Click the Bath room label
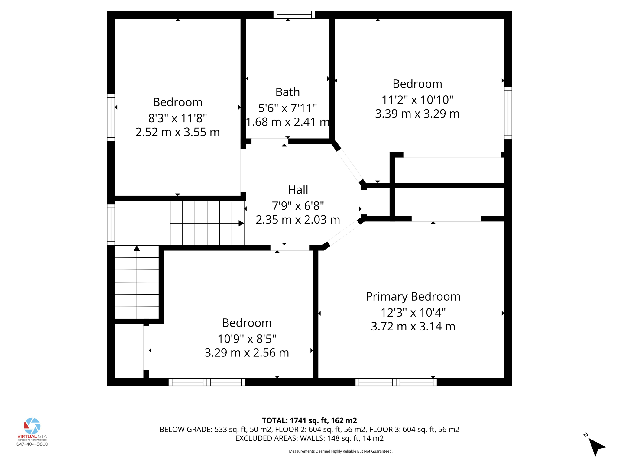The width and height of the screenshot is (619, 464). (x=287, y=92)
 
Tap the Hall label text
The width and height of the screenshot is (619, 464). (x=298, y=190)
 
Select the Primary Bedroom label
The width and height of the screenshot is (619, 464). (x=413, y=296)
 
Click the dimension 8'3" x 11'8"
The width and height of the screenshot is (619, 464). (x=177, y=118)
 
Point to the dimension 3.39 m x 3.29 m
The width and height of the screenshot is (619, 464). (x=417, y=114)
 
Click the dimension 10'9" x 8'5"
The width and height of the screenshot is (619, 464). (x=247, y=339)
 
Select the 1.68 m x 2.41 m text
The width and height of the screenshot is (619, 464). (x=287, y=122)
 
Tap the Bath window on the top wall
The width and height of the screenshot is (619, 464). (x=294, y=15)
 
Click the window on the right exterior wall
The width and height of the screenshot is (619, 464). (x=508, y=113)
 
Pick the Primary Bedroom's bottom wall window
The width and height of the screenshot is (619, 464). (x=396, y=382)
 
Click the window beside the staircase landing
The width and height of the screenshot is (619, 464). (x=111, y=224)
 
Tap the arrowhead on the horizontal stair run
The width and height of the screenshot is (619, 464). (x=241, y=223)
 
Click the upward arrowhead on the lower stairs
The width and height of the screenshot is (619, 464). (x=137, y=248)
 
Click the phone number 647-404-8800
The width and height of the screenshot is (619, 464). (x=32, y=444)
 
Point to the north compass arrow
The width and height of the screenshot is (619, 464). (x=596, y=446)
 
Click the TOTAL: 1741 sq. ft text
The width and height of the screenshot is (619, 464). (x=309, y=420)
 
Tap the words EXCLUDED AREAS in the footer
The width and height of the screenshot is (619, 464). (x=266, y=438)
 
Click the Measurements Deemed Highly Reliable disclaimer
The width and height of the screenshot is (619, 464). (x=341, y=451)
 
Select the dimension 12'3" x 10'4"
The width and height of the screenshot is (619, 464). (x=413, y=312)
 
